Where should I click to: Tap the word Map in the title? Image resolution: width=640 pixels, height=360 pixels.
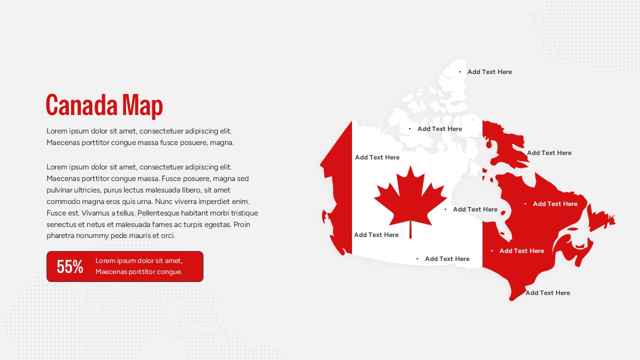click(142, 105)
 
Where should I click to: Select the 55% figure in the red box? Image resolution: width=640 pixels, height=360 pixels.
click(70, 267)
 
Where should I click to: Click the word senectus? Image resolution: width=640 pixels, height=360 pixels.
click(61, 224)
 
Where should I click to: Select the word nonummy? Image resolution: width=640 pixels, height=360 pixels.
click(95, 236)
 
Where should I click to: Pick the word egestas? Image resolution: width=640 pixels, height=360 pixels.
click(216, 224)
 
